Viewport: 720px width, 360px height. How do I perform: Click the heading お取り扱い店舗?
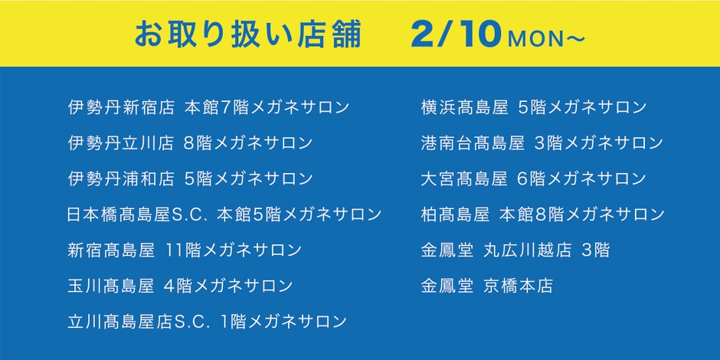point(248,34)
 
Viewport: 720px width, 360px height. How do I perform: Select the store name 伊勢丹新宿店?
point(121,107)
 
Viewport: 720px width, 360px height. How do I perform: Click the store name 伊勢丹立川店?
point(121,142)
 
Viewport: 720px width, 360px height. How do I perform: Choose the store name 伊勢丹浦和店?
point(121,178)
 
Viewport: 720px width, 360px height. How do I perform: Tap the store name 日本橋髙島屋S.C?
point(139,214)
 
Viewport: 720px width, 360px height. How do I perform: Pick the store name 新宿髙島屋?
point(112,250)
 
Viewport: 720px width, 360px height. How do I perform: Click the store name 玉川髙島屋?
point(112,286)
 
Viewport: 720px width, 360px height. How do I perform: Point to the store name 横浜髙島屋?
point(465,107)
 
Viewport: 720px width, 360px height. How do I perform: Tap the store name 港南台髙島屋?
point(473,142)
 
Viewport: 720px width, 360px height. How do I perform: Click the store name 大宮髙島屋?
point(464,178)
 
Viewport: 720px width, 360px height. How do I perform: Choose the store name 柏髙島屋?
point(456,214)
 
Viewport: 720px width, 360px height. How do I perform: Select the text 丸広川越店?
point(528,250)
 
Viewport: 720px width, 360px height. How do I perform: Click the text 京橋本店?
point(519,286)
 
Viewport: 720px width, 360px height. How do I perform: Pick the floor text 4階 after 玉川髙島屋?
point(178,286)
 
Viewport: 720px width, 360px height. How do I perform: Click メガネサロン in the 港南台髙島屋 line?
point(613,142)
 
